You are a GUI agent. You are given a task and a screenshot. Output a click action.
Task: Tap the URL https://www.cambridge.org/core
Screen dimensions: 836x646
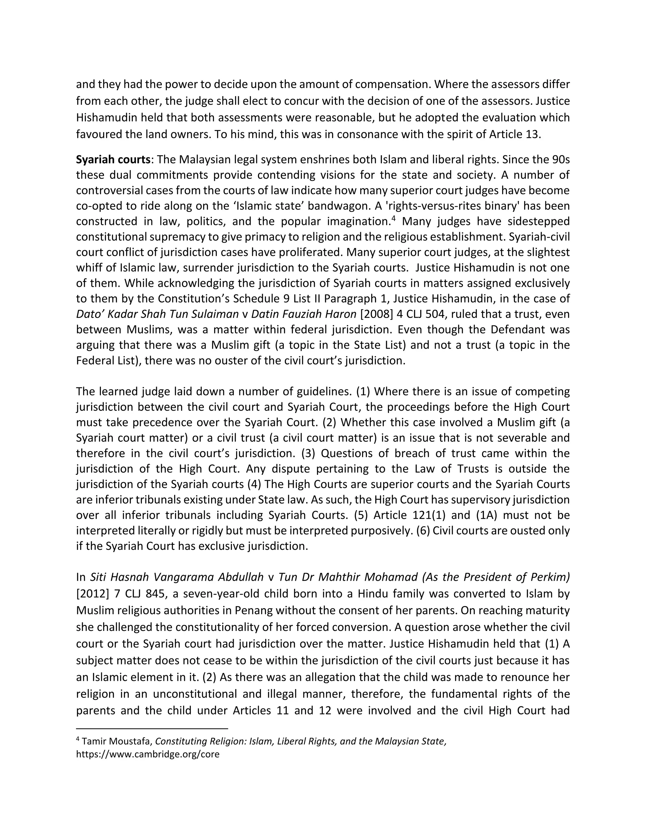pyautogui.click(x=148, y=755)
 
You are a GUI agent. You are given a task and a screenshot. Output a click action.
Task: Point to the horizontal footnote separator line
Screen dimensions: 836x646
pyautogui.click(x=152, y=728)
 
